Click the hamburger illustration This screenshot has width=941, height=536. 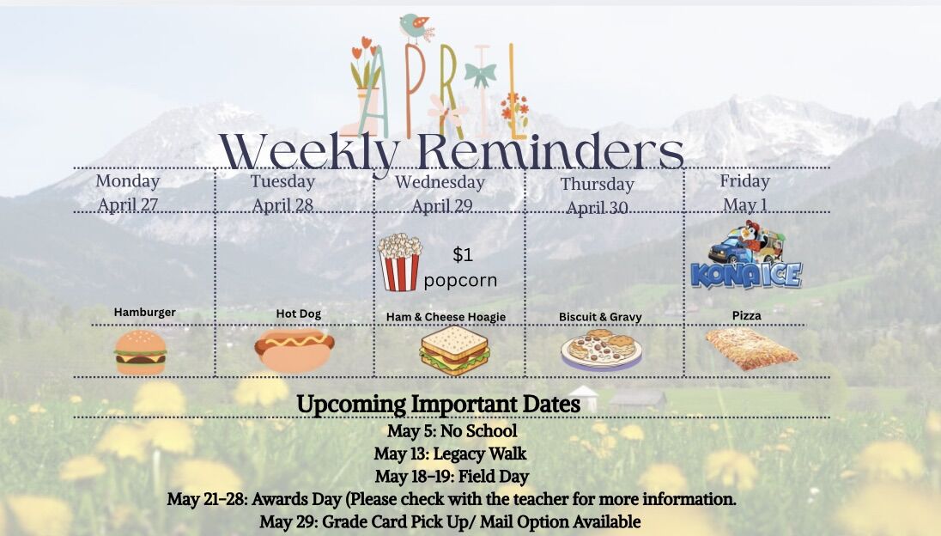[141, 352]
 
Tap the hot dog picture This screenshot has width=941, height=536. [294, 350]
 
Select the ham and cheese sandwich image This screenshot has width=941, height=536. [455, 350]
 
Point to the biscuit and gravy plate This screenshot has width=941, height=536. [601, 350]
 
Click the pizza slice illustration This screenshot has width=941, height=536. [751, 349]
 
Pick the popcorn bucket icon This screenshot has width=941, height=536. [400, 262]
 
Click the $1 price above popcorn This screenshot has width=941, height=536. [463, 254]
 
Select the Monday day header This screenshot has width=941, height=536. [128, 181]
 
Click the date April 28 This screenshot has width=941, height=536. [282, 205]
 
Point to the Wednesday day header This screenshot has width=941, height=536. [440, 182]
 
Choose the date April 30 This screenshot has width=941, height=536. [597, 208]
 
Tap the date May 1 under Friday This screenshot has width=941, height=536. [744, 204]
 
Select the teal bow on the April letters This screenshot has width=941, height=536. [481, 75]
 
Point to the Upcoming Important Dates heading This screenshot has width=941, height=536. [438, 404]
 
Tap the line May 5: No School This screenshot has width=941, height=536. [452, 431]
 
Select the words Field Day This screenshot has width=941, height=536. [494, 477]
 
